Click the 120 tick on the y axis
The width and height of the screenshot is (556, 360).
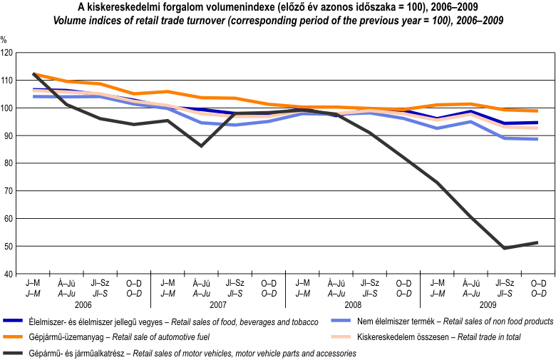[x=7, y=53]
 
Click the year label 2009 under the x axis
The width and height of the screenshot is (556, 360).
[x=488, y=304]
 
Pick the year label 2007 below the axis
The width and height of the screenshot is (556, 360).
[x=219, y=304]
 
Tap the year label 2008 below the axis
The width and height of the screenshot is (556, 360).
[x=353, y=304]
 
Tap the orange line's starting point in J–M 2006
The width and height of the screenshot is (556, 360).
[x=34, y=73]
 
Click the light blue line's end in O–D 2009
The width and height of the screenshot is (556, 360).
[x=537, y=139]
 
